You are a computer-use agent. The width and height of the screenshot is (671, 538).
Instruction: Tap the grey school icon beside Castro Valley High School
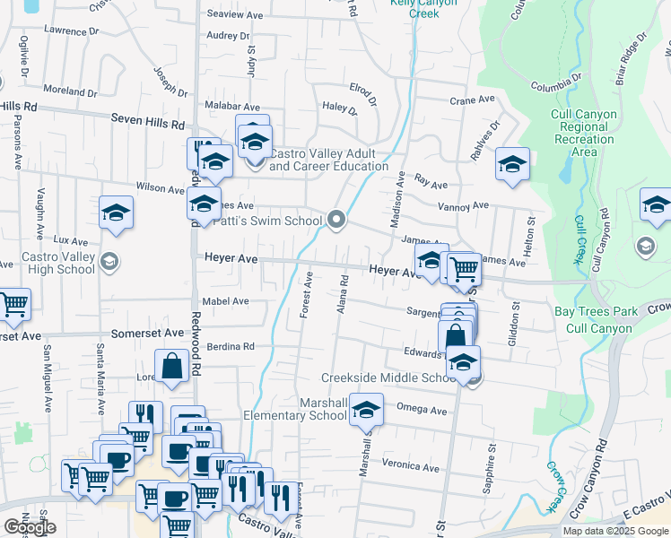[109, 261]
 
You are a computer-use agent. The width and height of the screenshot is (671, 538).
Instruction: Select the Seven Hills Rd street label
[147, 118]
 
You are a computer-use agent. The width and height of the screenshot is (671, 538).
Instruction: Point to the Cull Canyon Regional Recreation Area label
[584, 133]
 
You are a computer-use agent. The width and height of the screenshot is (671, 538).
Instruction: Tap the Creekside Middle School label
[389, 378]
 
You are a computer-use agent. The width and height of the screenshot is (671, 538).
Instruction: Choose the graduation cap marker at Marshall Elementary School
[365, 410]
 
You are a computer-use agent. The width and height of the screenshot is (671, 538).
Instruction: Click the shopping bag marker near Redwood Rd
[171, 366]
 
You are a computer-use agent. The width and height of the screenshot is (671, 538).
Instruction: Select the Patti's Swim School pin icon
[337, 219]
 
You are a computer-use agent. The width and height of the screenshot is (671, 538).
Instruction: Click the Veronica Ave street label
[410, 467]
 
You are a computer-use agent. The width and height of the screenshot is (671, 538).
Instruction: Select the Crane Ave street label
[473, 100]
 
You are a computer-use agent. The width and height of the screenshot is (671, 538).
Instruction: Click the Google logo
[30, 527]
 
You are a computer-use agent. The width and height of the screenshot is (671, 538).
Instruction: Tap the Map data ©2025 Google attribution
[614, 531]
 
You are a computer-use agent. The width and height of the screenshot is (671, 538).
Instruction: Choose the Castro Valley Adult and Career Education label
[327, 160]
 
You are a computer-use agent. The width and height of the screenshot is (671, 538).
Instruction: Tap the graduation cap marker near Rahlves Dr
[512, 164]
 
